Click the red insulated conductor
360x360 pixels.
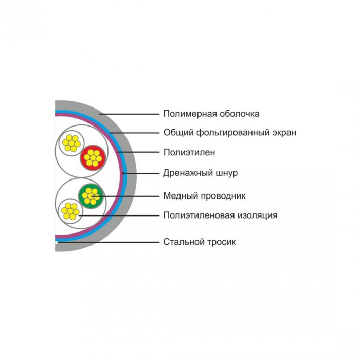pyautogui.click(x=93, y=158)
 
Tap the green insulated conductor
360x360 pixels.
pyautogui.click(x=91, y=196)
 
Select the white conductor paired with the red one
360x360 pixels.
pyautogui.click(x=71, y=143)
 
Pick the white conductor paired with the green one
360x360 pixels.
pyautogui.click(x=70, y=211)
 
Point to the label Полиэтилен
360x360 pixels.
pyautogui.click(x=189, y=152)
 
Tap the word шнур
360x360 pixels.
pyautogui.click(x=227, y=173)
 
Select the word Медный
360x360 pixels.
pyautogui.click(x=181, y=196)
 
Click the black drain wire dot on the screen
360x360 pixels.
pyautogui.click(x=123, y=173)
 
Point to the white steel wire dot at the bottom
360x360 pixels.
pyautogui.click(x=56, y=242)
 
